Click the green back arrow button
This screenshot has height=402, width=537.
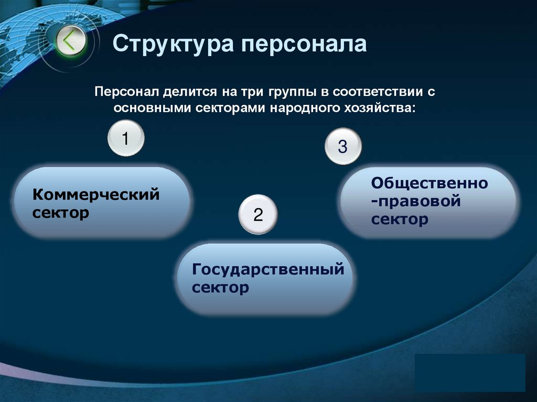coord(70,41)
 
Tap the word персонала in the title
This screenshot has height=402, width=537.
coord(304,44)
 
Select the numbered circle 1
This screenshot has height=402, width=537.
coord(125,139)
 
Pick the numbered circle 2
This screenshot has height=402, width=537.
coord(257,214)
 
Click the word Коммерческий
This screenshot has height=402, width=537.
coord(96,195)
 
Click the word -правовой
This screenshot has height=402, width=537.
coord(416,201)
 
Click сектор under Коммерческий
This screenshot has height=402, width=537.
coord(60,213)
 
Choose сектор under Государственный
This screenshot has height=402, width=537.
coord(220,288)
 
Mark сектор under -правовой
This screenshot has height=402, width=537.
coord(400,220)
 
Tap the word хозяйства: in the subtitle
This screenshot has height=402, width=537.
coord(384,108)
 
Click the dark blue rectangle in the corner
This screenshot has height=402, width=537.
coord(469,373)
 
